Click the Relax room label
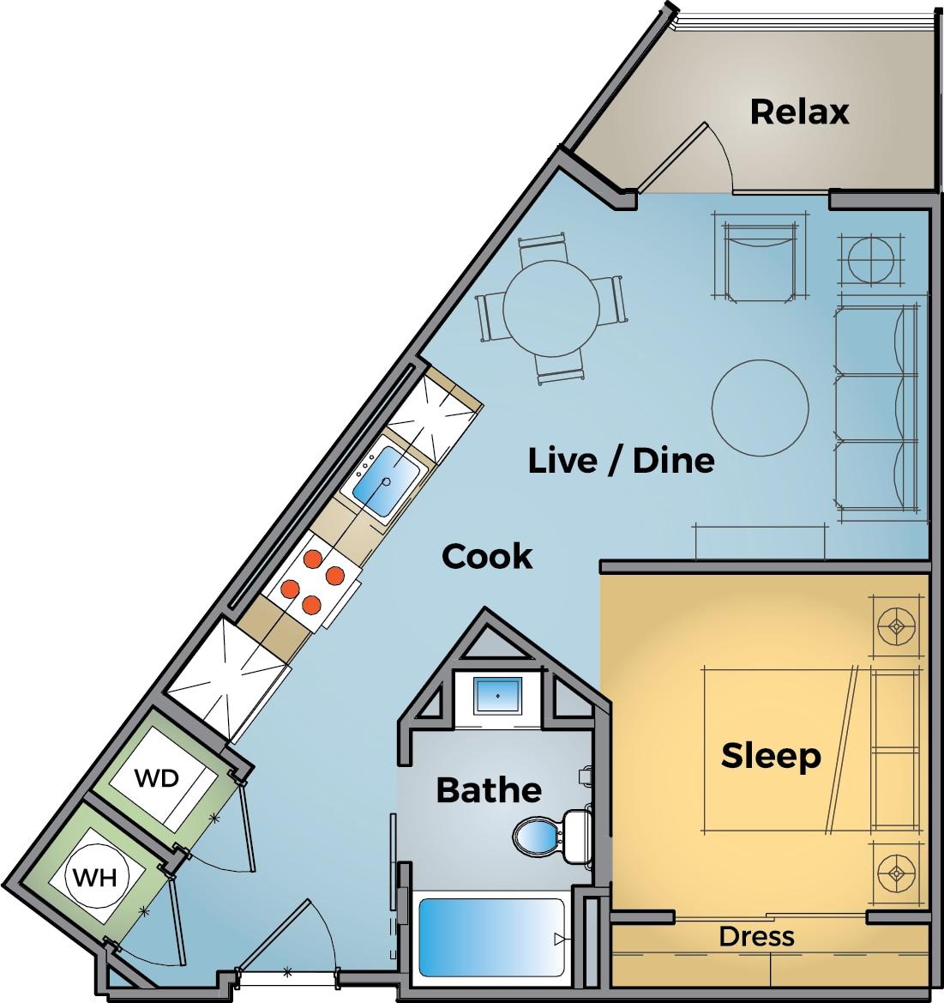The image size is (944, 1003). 799,112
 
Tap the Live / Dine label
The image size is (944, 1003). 621,461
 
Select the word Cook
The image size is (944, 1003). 487,557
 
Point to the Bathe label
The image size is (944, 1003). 489,789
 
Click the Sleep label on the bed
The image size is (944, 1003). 771,756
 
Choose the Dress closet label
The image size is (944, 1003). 756,936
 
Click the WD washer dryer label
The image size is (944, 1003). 158,778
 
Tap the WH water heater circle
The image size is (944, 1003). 97,878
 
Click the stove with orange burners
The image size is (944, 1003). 313,583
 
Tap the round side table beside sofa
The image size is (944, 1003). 873,257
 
